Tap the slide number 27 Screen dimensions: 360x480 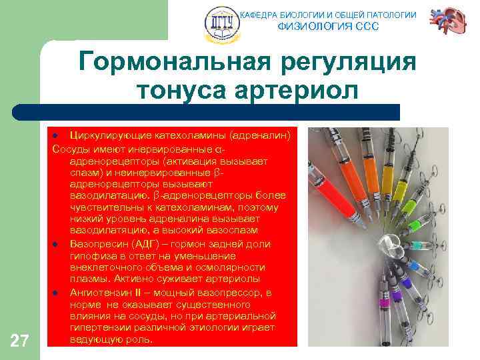point(20,341)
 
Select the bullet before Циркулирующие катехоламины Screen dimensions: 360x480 point(57,135)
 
